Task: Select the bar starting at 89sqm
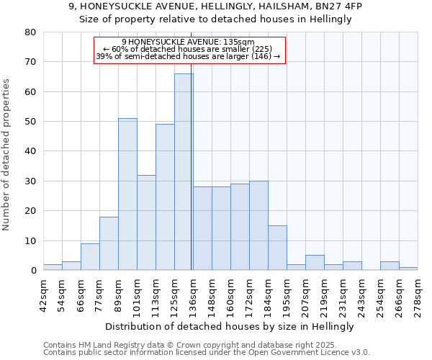point(127,194)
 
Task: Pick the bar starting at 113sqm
point(165,197)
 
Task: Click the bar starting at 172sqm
point(258,225)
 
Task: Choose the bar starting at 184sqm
point(277,248)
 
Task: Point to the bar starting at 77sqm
point(109,243)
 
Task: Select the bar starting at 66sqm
point(90,257)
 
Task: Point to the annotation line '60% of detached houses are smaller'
point(190,49)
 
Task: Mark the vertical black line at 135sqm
point(191,180)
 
